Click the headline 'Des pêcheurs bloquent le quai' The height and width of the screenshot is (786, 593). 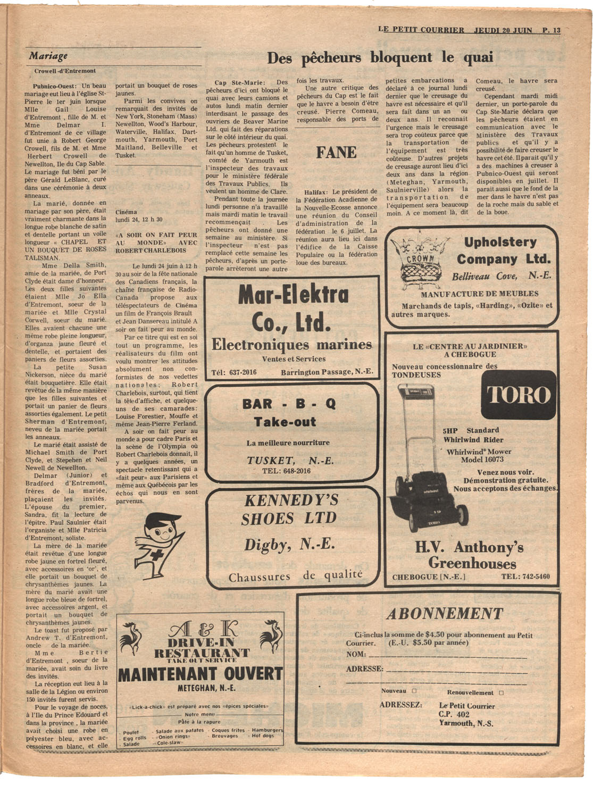pos(380,57)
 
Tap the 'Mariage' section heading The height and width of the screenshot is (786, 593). pos(48,56)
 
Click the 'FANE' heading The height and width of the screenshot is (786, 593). pos(336,153)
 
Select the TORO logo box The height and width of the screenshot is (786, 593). pos(519,395)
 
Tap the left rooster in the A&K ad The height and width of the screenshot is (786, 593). pos(130,637)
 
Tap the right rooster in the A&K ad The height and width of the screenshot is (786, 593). pos(270,635)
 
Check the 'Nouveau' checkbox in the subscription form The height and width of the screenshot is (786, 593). pos(414,691)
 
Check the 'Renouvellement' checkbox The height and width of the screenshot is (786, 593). pos(501,693)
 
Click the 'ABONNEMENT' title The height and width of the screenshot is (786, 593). pos(444,614)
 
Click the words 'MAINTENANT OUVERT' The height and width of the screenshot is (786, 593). pos(200,674)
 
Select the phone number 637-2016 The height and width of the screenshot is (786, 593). pos(243,372)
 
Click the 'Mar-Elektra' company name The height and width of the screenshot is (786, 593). pos(293,295)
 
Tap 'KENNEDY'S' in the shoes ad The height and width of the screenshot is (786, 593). pos(291,500)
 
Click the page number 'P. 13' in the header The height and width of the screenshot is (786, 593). pos(552,30)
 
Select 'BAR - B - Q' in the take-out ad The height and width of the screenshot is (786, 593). pos(289,404)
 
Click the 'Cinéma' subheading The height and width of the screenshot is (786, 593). pos(126,212)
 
